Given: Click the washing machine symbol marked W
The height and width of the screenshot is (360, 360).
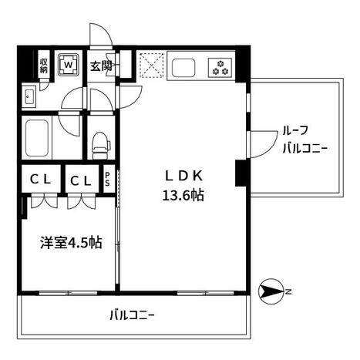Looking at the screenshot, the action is [68, 64].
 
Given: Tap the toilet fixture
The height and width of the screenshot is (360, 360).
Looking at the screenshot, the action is [101, 145].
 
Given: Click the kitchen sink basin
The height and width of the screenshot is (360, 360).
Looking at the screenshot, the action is [183, 68].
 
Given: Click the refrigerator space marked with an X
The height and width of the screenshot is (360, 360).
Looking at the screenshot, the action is [151, 65].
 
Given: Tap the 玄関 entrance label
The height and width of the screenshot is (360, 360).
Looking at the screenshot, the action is [101, 66].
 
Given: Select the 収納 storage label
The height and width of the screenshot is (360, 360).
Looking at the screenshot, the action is [44, 66].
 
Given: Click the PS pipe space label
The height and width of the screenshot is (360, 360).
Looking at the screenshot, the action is [107, 179].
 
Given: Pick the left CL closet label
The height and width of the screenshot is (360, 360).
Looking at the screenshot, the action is [40, 180].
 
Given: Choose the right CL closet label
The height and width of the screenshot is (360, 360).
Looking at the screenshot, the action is [81, 180].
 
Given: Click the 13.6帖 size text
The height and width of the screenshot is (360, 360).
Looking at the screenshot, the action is [183, 196].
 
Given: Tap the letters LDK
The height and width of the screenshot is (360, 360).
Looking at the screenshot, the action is [183, 177].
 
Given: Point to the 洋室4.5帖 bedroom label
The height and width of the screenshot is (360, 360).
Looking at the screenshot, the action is [71, 242].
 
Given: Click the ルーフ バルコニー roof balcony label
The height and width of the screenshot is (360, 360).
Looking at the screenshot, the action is [305, 140].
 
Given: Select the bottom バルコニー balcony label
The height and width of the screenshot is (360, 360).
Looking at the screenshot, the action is [132, 315].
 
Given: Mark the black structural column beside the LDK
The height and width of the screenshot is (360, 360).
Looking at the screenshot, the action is [241, 173].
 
